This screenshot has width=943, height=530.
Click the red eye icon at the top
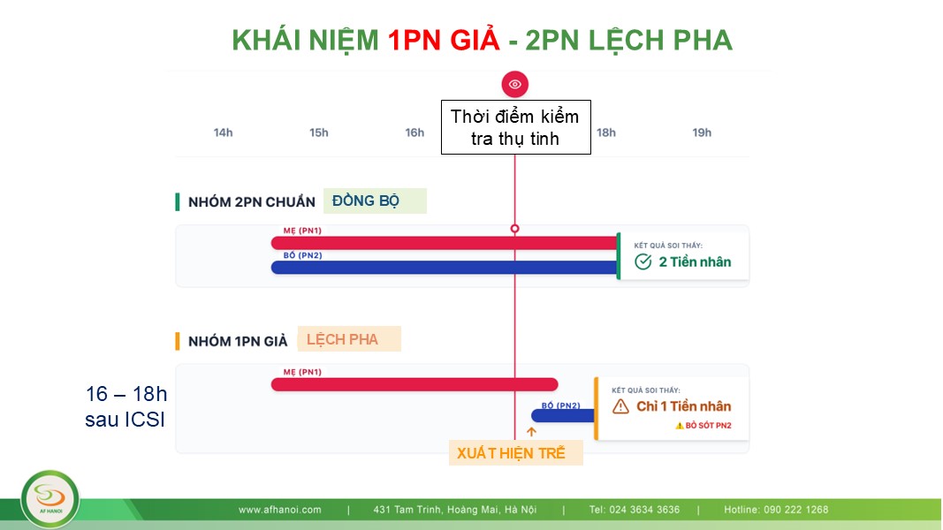(x=514, y=84)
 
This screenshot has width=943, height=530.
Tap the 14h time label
(x=223, y=132)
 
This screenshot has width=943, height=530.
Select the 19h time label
(x=702, y=132)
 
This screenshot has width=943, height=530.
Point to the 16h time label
(x=414, y=132)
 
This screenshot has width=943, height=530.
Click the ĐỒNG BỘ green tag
(x=375, y=201)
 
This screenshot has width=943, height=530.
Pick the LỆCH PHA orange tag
(x=349, y=339)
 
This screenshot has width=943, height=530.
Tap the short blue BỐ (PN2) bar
(x=563, y=415)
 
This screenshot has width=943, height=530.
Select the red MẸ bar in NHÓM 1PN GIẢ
(x=414, y=384)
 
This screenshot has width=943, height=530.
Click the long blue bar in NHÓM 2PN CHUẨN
(x=445, y=268)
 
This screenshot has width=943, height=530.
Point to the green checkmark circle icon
(x=643, y=261)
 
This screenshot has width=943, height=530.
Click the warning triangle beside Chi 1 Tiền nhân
(x=620, y=407)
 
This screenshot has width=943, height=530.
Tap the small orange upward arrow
(x=531, y=431)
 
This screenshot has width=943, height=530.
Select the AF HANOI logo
(x=49, y=499)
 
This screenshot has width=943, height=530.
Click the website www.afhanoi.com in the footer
(x=279, y=510)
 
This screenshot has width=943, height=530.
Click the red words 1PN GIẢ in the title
(x=444, y=41)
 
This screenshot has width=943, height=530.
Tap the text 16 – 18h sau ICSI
(x=125, y=406)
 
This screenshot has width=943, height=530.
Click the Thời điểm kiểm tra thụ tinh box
(x=516, y=127)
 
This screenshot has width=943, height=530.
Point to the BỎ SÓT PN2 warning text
(x=703, y=426)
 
